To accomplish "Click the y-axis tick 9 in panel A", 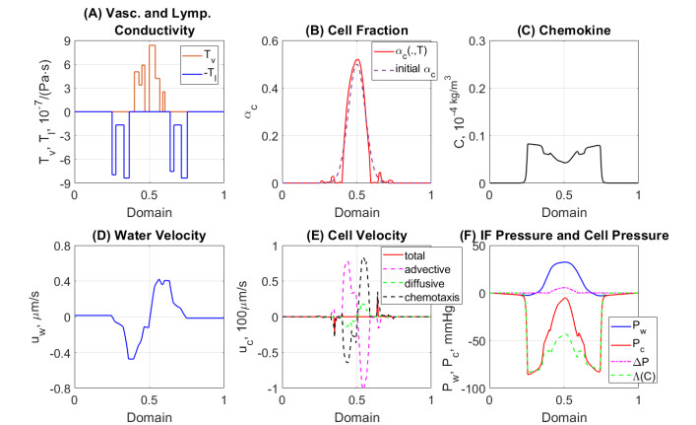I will click(x=66, y=40).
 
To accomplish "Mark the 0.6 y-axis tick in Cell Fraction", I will click(x=269, y=40).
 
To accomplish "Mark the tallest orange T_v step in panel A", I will click(x=152, y=46).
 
